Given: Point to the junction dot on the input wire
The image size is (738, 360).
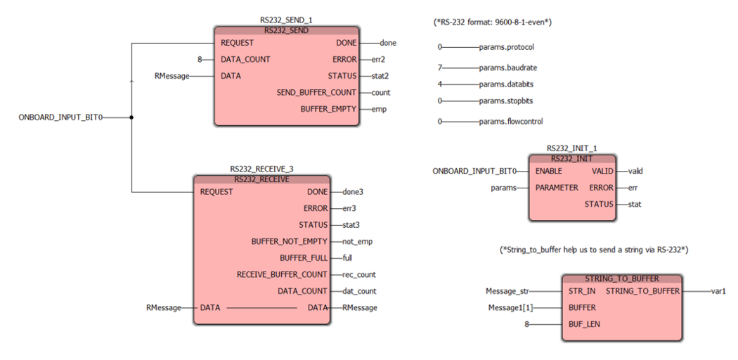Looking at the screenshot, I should point(132,117).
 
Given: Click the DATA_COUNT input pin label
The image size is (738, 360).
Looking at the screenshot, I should point(245,60).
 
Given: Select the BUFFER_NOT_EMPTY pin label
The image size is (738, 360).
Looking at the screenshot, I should point(289,241).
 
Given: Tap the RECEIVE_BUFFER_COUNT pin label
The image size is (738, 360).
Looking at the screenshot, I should point(282,274).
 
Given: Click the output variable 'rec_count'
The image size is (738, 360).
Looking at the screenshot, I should point(359,274).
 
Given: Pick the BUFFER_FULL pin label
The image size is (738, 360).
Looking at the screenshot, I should point(304,258).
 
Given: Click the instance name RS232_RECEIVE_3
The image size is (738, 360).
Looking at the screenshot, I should point(262,169).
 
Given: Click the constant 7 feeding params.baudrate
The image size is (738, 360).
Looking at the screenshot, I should point(440,68).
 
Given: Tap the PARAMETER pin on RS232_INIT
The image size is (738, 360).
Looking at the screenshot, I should point(557,188).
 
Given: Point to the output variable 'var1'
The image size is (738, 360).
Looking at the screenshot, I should point(718,290).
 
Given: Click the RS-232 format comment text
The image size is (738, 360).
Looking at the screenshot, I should point(492,22).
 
